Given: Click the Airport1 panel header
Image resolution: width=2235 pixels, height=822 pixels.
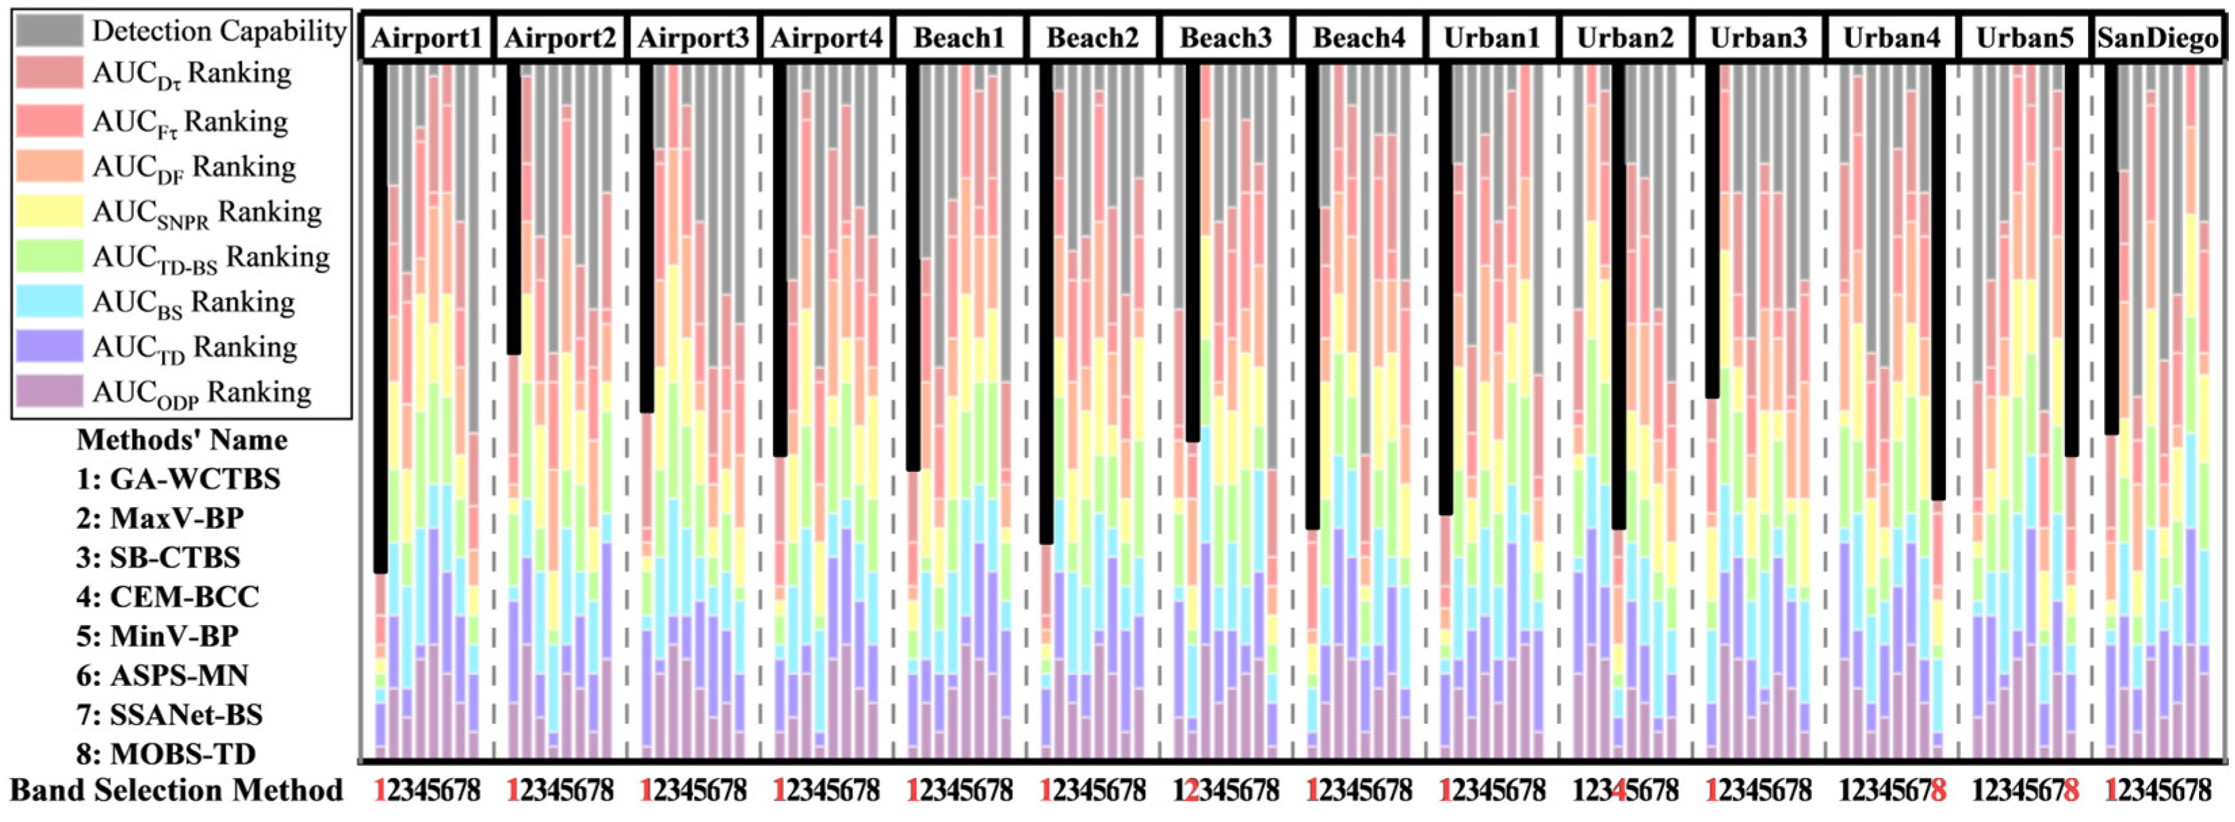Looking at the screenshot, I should pos(427,38).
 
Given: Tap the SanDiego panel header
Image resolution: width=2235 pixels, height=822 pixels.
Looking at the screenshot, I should pos(2158,38).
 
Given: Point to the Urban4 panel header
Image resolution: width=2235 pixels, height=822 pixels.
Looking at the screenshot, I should pos(1892,38).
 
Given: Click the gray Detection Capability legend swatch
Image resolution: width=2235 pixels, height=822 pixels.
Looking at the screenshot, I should pos(49,30).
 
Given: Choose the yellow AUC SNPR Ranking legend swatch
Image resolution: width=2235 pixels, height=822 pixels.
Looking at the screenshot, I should pos(49,211).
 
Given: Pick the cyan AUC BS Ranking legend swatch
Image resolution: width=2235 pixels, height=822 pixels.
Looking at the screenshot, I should pos(49,301).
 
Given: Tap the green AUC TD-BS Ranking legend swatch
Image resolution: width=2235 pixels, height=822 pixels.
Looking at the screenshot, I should pos(49,256).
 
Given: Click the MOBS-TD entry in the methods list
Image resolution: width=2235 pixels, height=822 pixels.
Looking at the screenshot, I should pos(166,754).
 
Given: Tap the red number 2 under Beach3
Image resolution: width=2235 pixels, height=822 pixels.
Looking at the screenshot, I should pos(1192,791).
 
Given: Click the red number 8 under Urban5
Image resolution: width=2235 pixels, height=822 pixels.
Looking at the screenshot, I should pos(2071,791).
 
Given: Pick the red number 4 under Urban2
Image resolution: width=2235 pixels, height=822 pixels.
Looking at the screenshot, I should pos(1618,791).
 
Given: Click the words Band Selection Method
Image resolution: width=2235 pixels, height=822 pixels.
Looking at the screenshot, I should pos(176,791).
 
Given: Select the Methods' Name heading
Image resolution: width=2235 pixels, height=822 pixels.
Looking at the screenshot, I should pos(182,440).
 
